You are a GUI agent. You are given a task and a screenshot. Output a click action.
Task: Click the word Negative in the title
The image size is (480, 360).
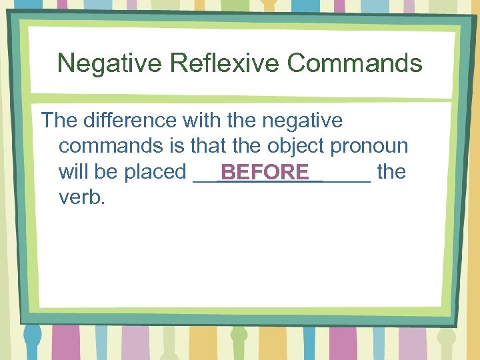coord(109,63)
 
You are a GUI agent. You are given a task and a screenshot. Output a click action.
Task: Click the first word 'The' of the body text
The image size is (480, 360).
coord(60,121)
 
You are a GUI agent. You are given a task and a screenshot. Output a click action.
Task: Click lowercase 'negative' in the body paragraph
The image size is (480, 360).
coord(303,121)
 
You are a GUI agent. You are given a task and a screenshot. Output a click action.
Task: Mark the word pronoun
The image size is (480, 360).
coord(369,146)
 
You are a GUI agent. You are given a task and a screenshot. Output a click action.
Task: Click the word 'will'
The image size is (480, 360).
coord(74,171)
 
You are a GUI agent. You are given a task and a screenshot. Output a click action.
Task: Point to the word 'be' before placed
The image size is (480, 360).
coord(105,171)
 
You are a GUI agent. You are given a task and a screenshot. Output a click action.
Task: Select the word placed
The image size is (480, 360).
coord(155,171)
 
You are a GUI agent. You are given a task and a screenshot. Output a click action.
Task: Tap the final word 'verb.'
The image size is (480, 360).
coord(82,197)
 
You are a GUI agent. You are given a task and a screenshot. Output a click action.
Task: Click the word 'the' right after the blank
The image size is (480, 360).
coord(391,171)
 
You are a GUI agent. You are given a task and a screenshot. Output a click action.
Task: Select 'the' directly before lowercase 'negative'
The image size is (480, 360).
coord(244,121)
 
